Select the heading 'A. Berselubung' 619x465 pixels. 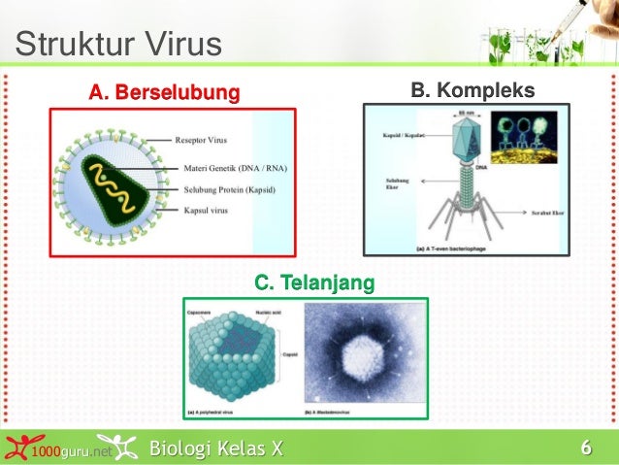pyautogui.click(x=164, y=92)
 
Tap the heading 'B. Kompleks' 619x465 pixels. pyautogui.click(x=472, y=90)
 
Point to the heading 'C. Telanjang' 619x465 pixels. pyautogui.click(x=313, y=282)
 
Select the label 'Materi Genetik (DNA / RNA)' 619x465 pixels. pyautogui.click(x=235, y=167)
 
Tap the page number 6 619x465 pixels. pyautogui.click(x=585, y=448)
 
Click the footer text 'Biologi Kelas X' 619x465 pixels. pyautogui.click(x=216, y=448)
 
